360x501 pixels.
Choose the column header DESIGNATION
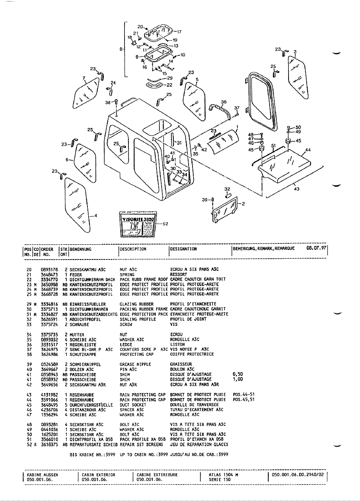tap(183, 249)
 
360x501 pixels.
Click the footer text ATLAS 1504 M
tap(223, 475)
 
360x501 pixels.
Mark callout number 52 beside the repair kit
tap(165, 224)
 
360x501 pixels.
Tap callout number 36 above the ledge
tap(223, 102)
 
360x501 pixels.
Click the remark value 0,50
tap(238, 374)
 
